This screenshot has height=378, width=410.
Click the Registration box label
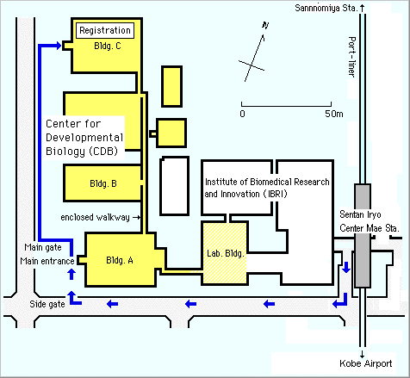(x=105, y=30)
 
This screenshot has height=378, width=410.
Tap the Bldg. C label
(x=108, y=46)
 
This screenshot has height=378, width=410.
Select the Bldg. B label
(x=103, y=183)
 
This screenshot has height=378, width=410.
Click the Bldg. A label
(x=120, y=260)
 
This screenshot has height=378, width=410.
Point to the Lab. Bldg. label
(x=226, y=253)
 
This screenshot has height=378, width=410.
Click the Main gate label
(x=43, y=247)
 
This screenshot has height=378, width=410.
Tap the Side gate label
(x=47, y=304)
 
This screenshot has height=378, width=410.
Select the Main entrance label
(x=47, y=261)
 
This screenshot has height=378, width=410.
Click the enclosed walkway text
(x=95, y=218)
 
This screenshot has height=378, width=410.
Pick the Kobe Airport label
(x=366, y=363)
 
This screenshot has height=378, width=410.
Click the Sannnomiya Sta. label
(x=326, y=8)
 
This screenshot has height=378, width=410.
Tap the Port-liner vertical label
(x=352, y=57)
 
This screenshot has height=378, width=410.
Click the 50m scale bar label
(x=334, y=114)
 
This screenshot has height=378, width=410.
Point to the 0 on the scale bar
(x=243, y=114)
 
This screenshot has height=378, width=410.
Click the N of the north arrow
(x=265, y=26)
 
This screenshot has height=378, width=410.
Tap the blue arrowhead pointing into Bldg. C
(x=59, y=46)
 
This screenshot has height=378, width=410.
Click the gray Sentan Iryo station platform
(x=363, y=236)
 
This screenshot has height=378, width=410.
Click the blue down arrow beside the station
(x=346, y=267)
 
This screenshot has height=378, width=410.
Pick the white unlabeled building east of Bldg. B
(x=175, y=186)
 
